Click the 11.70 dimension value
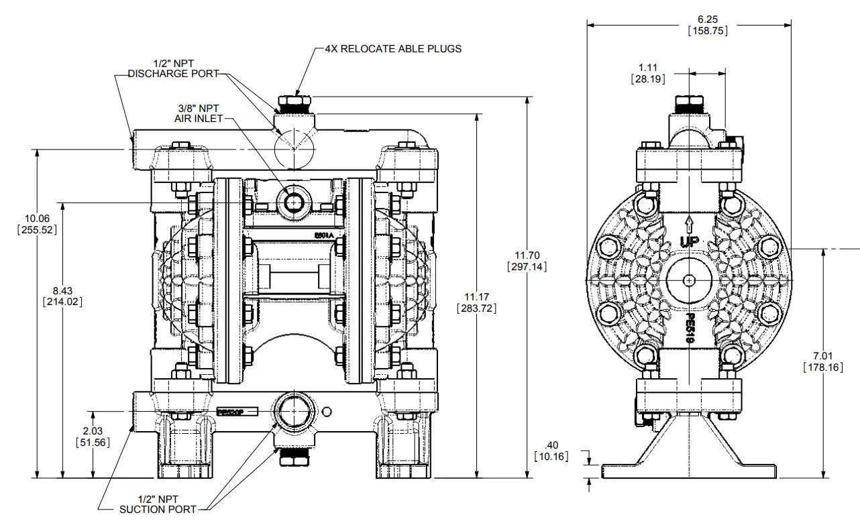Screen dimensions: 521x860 click(x=527, y=255)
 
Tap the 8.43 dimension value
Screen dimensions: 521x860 click(x=62, y=290)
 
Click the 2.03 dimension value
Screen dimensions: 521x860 click(x=93, y=431)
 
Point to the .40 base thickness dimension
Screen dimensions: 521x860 click(x=551, y=446)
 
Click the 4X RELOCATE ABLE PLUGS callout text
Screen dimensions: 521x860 click(x=393, y=49)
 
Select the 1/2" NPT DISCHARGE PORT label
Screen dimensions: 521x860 click(x=174, y=68)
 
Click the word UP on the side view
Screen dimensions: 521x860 click(x=689, y=241)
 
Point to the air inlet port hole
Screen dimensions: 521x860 click(x=293, y=201)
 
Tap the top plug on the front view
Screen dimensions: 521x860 click(x=292, y=105)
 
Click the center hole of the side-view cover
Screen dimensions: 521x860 click(x=688, y=280)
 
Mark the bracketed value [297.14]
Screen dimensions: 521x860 click(x=527, y=267)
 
